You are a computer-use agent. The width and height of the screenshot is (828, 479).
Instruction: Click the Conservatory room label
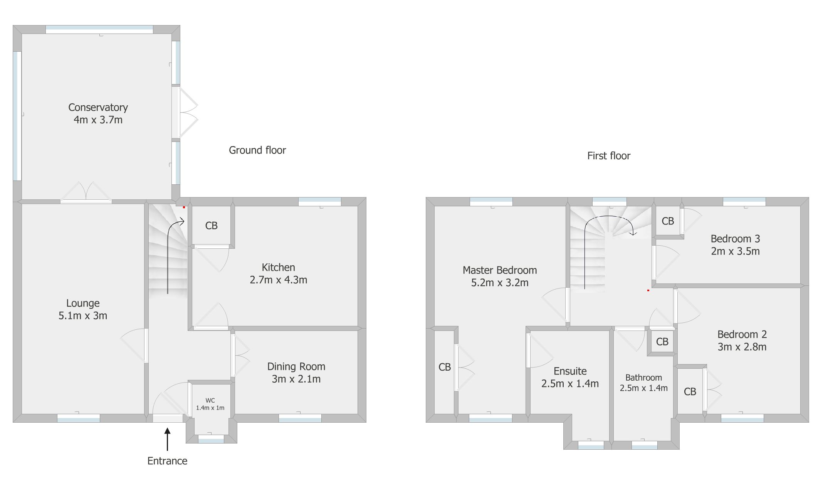[98, 107]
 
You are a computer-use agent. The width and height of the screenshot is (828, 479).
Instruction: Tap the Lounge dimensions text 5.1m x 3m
[83, 315]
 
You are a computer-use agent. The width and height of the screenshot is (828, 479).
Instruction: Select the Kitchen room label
[278, 267]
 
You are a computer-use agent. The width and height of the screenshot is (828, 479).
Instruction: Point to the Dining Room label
[296, 366]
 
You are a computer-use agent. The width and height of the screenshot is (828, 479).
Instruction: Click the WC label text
[210, 401]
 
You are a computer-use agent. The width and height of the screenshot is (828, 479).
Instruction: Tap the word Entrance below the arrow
[167, 461]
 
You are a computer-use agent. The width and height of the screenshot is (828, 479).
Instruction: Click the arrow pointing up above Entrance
[167, 439]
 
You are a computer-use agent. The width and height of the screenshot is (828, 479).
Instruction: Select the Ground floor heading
[257, 150]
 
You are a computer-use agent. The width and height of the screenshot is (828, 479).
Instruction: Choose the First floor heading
[609, 156]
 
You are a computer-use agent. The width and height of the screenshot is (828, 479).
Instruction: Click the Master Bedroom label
[500, 270]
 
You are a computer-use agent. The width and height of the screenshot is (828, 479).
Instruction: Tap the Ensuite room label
[570, 371]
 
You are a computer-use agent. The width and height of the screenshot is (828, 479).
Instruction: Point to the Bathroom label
[643, 378]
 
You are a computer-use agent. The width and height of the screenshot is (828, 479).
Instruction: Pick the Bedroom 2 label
[742, 334]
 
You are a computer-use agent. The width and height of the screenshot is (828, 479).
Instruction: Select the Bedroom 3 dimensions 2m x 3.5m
[735, 251]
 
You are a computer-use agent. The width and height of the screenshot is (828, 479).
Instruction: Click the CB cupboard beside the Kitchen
[211, 226]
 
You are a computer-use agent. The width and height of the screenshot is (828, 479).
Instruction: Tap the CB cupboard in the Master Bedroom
[444, 367]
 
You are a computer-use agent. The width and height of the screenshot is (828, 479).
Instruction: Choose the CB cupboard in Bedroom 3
[668, 221]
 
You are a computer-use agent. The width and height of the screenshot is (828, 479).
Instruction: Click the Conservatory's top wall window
[99, 29]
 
